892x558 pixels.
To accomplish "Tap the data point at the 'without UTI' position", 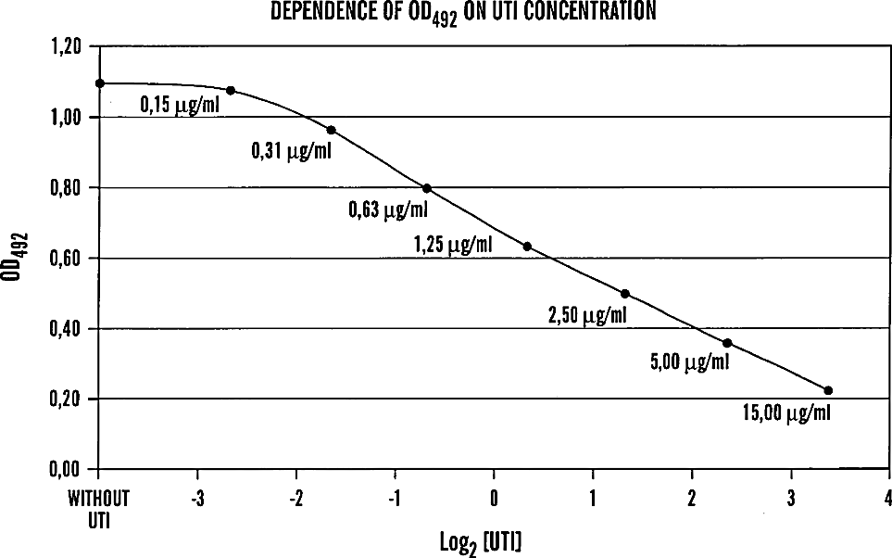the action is click(x=100, y=83).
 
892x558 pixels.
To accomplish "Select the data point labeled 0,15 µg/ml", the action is click(x=231, y=91).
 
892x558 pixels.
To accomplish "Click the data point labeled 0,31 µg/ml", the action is click(x=331, y=131).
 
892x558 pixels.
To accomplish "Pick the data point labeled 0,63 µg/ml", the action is click(x=427, y=188).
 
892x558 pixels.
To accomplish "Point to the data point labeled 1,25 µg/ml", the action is click(x=527, y=247).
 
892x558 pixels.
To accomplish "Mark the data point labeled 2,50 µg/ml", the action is click(x=624, y=294).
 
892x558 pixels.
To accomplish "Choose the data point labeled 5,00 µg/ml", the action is click(x=727, y=343).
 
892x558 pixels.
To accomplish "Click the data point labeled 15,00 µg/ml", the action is click(x=828, y=390).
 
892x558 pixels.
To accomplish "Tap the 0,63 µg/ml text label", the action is click(x=388, y=210).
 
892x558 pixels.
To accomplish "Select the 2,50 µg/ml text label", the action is click(x=587, y=315).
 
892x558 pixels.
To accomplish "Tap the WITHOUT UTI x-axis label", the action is click(x=99, y=509).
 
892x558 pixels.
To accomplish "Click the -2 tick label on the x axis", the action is click(x=295, y=499).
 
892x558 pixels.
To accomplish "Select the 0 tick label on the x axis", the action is click(x=494, y=499).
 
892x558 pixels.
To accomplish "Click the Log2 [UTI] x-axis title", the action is click(x=481, y=542).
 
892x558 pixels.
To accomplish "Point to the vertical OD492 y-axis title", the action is click(x=17, y=257).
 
